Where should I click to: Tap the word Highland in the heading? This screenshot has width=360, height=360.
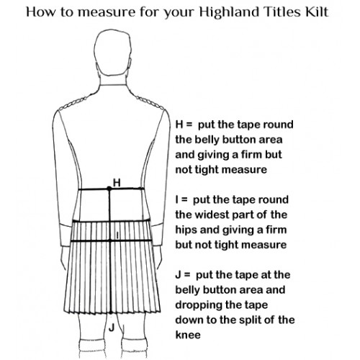229,12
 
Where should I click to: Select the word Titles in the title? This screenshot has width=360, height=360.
282,12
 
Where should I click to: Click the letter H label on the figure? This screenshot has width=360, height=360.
117,183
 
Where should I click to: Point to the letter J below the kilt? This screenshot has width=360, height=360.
112,328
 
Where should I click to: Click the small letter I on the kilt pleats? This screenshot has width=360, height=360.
117,235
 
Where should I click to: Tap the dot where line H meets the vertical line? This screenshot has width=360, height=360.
109,189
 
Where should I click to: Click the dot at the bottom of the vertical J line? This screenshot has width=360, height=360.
111,312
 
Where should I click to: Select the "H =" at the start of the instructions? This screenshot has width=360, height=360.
184,125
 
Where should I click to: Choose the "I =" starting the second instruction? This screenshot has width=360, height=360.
181,200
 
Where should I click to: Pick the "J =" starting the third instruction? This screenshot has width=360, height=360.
183,275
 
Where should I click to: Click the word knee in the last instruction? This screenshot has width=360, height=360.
188,335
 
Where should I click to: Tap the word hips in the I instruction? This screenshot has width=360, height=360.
186,230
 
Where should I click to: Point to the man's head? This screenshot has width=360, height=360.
113,56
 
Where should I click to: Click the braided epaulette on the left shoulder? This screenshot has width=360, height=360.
73,104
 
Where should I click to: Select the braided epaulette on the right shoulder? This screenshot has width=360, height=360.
150,102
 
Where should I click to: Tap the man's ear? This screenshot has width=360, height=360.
130,65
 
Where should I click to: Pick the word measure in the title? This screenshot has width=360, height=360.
107,12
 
